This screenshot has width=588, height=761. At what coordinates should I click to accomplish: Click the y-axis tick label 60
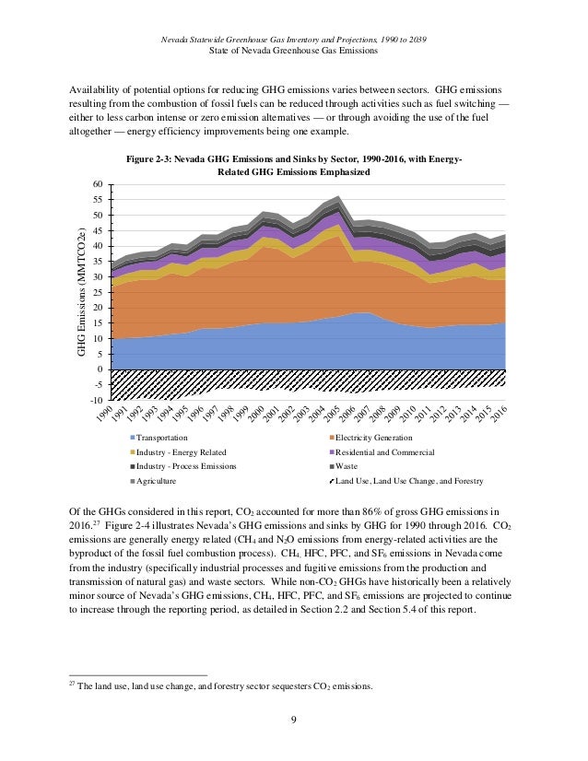pos(96,185)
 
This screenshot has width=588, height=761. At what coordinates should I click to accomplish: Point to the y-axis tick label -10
pos(94,401)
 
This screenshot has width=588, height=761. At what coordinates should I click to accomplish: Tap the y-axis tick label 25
pos(96,293)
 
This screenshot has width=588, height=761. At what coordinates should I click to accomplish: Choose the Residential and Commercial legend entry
pos(384,453)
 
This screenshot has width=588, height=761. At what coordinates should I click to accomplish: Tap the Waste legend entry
pos(348,467)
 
